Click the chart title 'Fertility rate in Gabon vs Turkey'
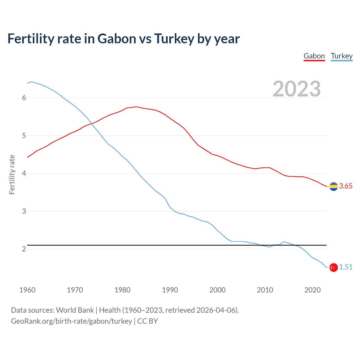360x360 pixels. pyautogui.click(x=123, y=39)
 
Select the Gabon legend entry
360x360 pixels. pyautogui.click(x=314, y=56)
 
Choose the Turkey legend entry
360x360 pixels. pyautogui.click(x=341, y=56)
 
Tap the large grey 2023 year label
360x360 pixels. pyautogui.click(x=296, y=89)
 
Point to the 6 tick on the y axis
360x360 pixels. pyautogui.click(x=24, y=98)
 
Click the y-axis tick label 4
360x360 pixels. pyautogui.click(x=24, y=174)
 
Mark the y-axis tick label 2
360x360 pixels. pyautogui.click(x=24, y=249)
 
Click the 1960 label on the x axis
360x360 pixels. pyautogui.click(x=27, y=290)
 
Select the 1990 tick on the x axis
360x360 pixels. pyautogui.click(x=170, y=290)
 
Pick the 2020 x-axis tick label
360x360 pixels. pyautogui.click(x=312, y=290)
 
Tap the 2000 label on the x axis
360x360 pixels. pyautogui.click(x=217, y=290)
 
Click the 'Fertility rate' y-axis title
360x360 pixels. pyautogui.click(x=12, y=174)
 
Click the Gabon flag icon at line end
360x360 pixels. pyautogui.click(x=334, y=186)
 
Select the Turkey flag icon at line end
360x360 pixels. pyautogui.click(x=334, y=267)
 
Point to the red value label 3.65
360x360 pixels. pyautogui.click(x=346, y=186)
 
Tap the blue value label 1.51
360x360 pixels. pyautogui.click(x=346, y=267)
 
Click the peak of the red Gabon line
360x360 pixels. pyautogui.click(x=136, y=107)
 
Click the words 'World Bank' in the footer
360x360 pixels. pyautogui.click(x=75, y=310)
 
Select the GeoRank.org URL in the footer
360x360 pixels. pyautogui.click(x=71, y=321)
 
